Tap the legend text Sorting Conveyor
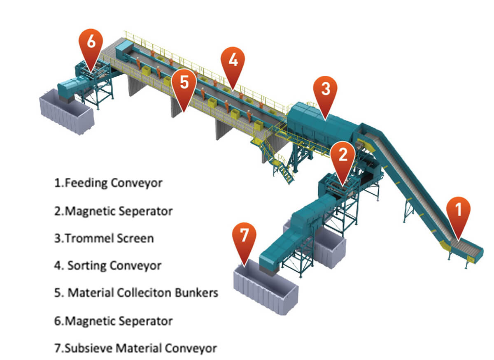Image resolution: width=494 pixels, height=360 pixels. click(x=109, y=265)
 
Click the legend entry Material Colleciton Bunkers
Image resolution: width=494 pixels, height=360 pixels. click(x=136, y=293)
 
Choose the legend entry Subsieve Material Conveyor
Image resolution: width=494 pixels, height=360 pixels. click(x=135, y=348)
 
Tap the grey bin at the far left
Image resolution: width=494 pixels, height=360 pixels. click(x=66, y=113)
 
